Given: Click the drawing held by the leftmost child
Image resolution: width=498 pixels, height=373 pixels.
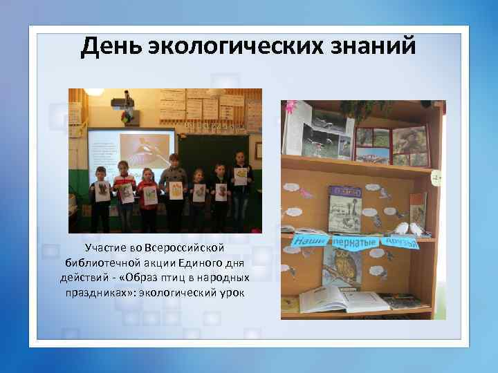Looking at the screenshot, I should pos(102,191).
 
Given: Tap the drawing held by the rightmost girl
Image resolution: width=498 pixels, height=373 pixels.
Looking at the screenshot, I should pos(241,176).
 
